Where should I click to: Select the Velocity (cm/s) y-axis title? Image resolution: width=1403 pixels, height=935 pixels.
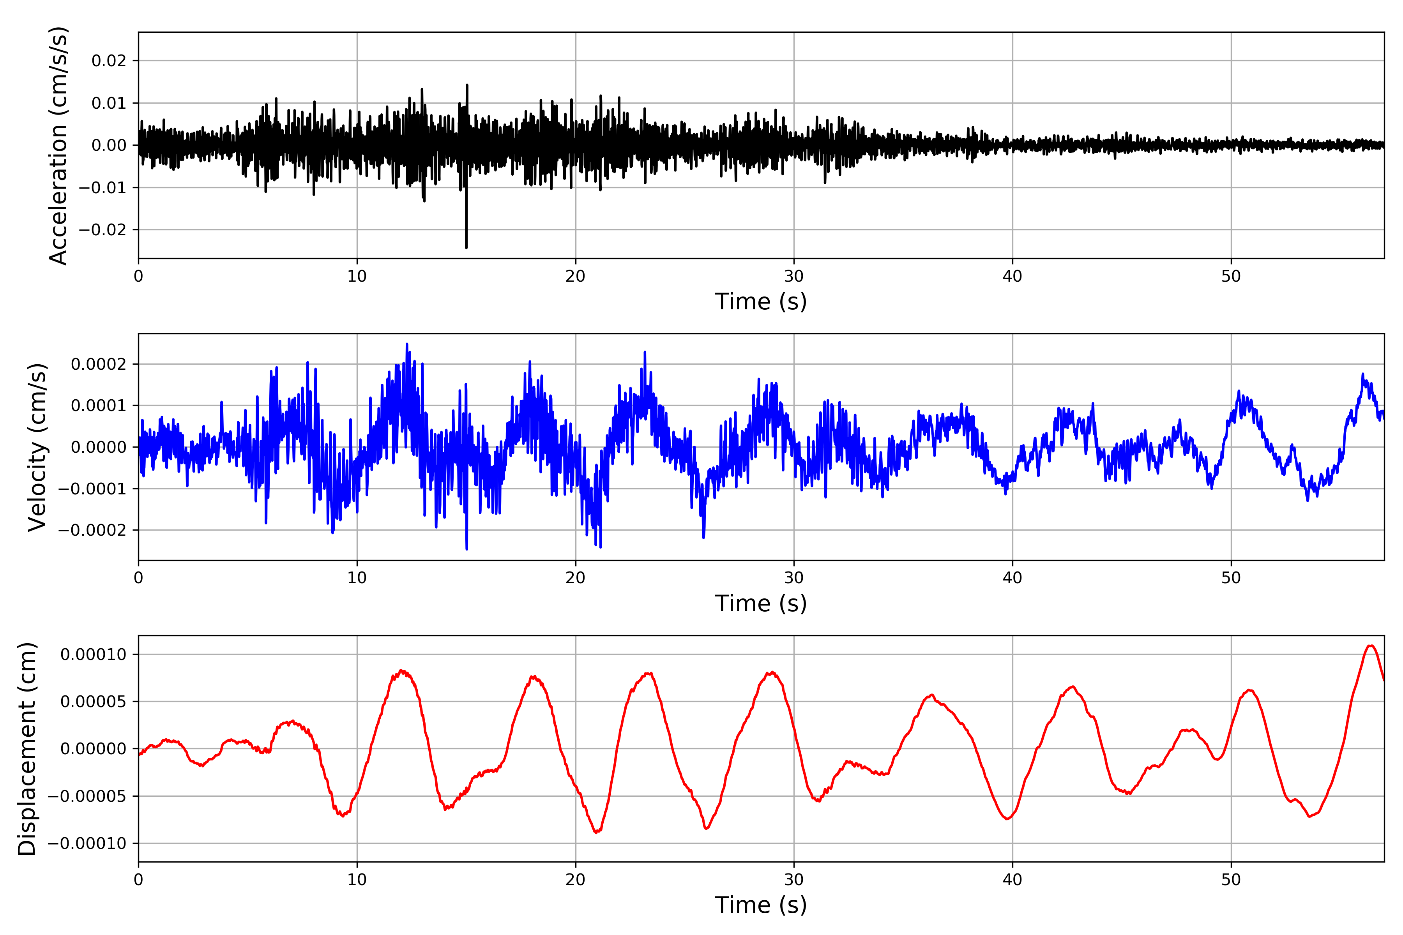tap(37, 447)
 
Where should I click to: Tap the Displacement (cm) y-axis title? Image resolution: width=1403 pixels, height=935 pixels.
tap(27, 749)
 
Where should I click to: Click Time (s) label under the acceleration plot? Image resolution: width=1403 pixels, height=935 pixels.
tap(761, 302)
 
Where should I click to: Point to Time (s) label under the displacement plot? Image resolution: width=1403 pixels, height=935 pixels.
tap(761, 905)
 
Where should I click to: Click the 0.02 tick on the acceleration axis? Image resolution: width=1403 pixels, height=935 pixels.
tap(109, 61)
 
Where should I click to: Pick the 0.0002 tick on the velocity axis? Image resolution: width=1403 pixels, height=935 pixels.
tap(99, 364)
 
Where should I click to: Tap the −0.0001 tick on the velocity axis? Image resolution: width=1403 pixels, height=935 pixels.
tap(92, 489)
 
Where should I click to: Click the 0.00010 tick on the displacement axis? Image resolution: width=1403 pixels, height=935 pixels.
tap(93, 655)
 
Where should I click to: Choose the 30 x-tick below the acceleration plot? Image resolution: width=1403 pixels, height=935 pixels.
tap(794, 277)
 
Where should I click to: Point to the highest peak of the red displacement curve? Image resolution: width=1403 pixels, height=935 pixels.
tap(1371, 646)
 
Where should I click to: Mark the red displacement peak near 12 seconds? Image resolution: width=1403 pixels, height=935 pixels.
tap(403, 671)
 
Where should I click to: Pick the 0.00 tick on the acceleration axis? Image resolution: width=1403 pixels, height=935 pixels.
tap(109, 145)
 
